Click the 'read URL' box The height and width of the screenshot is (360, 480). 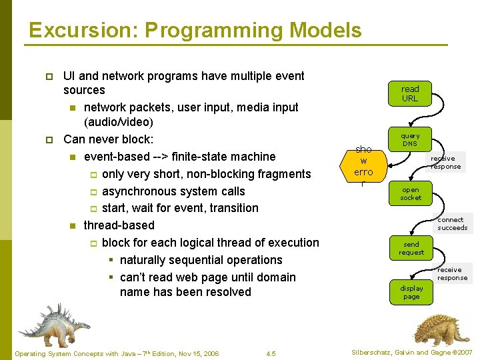click(x=410, y=93)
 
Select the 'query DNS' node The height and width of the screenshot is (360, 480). click(x=410, y=139)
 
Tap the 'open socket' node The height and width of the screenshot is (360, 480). click(x=411, y=193)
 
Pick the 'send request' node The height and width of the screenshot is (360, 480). click(x=411, y=248)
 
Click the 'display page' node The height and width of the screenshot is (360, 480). click(x=411, y=292)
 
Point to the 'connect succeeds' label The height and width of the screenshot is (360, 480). click(x=452, y=223)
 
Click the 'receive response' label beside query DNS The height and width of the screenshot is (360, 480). click(x=445, y=162)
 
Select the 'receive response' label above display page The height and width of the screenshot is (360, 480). click(x=452, y=273)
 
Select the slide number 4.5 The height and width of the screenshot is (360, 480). click(x=271, y=353)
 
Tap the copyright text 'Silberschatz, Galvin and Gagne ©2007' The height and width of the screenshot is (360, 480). click(x=411, y=352)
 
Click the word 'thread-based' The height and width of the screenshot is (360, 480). click(x=119, y=225)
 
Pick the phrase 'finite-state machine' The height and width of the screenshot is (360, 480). click(x=223, y=157)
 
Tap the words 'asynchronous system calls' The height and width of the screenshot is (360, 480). click(x=173, y=191)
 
